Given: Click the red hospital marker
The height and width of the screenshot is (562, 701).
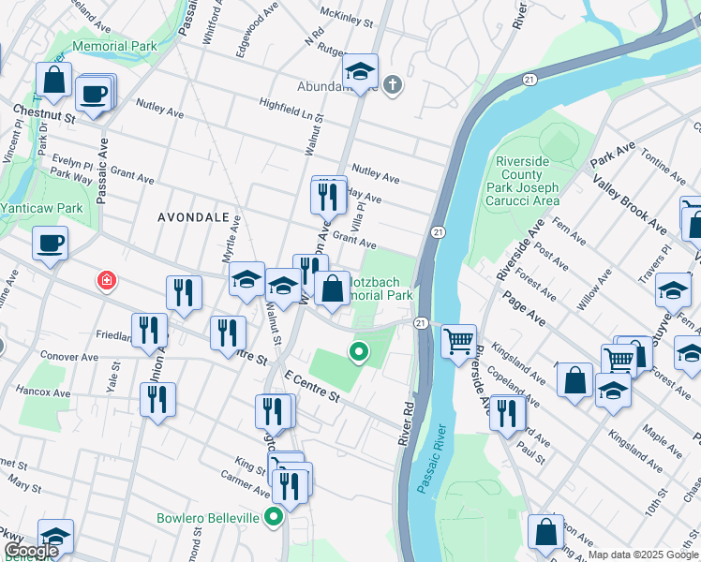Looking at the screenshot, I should (x=108, y=280).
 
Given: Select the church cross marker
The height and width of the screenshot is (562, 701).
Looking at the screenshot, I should (x=392, y=86).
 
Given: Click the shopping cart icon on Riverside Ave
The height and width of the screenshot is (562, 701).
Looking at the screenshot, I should (x=458, y=342).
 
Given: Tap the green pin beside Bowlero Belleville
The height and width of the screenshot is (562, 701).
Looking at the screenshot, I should (x=274, y=517).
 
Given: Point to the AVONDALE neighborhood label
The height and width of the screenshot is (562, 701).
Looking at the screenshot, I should (x=193, y=216).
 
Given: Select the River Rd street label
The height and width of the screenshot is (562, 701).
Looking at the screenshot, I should (x=409, y=422).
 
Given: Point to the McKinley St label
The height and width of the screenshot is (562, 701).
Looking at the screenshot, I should (x=347, y=15).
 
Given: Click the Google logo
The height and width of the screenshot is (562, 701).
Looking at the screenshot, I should (x=30, y=551).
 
